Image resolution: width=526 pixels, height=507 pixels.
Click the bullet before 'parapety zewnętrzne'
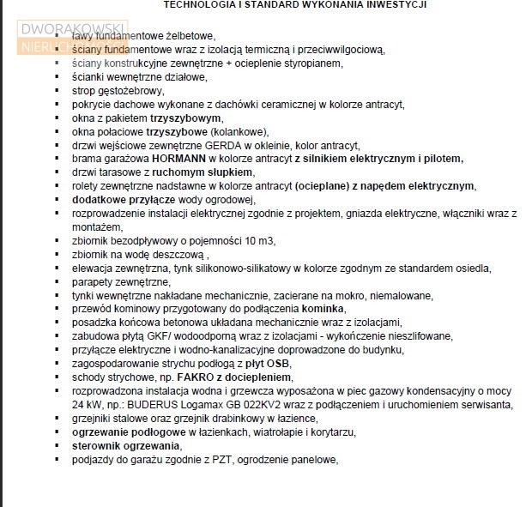point(57,282)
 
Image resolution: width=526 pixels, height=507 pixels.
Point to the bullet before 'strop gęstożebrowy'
point(57,91)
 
